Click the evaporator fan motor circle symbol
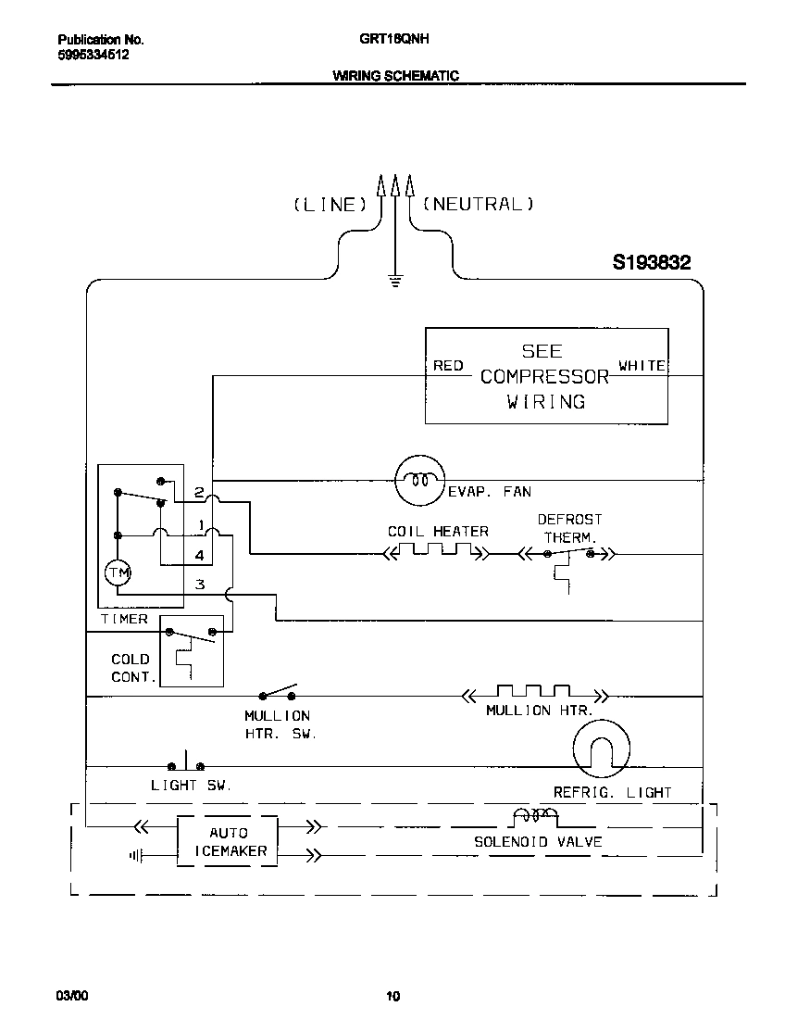[421, 480]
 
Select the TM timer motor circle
[118, 574]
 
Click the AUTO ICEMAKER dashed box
[227, 841]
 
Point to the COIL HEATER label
[438, 532]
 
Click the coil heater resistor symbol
[436, 553]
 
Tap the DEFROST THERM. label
[569, 528]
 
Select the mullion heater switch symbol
[278, 694]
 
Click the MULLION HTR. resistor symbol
[533, 693]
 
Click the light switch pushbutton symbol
[186, 764]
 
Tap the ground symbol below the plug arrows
[395, 280]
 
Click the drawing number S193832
[651, 263]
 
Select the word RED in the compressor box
[448, 366]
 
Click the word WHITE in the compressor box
[642, 366]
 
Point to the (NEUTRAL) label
[478, 204]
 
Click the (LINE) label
[331, 205]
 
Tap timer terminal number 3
[199, 584]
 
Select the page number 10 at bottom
[392, 997]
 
